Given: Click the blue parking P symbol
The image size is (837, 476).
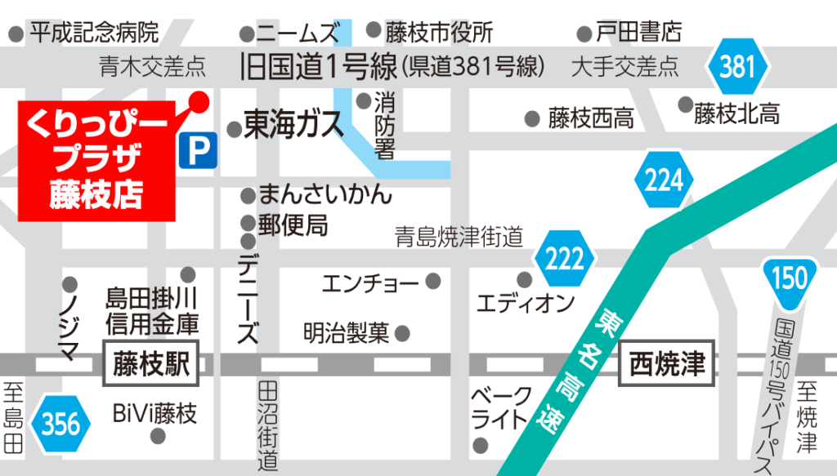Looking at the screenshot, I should pyautogui.click(x=195, y=151).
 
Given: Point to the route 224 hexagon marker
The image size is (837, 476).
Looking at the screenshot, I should pyautogui.click(x=664, y=180).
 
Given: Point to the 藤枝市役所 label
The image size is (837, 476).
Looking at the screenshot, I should pyautogui.click(x=440, y=33).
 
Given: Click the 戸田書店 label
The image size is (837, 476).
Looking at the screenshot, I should pyautogui.click(x=638, y=33).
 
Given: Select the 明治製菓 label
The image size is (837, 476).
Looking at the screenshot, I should pyautogui.click(x=347, y=333).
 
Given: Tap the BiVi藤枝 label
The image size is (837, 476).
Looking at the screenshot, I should pyautogui.click(x=154, y=414).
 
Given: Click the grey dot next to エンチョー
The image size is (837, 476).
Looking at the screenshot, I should pyautogui.click(x=432, y=282).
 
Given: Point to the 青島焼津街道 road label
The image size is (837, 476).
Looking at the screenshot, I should pyautogui.click(x=459, y=238).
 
